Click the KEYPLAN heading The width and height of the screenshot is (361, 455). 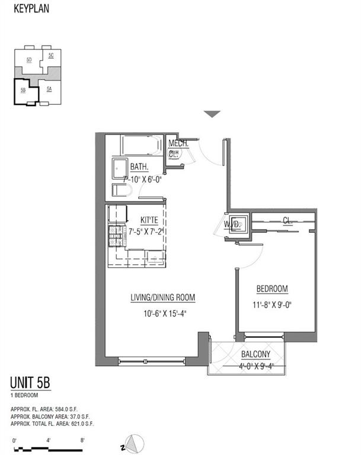[x=30, y=9]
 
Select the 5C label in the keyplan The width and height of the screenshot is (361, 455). [x=51, y=55]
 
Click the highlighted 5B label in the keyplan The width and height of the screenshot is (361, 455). [x=23, y=90]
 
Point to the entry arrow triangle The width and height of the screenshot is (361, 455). [x=212, y=114]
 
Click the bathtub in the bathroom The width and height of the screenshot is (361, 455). [x=140, y=145]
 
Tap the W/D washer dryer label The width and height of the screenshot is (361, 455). [x=231, y=225]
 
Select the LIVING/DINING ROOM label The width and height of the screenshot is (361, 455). [x=162, y=297]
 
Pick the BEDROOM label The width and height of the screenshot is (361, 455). [x=271, y=289]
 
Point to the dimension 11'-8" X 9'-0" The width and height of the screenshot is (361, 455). [x=271, y=307]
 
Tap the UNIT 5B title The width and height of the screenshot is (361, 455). [x=30, y=383]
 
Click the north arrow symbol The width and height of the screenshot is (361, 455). [x=136, y=442]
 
